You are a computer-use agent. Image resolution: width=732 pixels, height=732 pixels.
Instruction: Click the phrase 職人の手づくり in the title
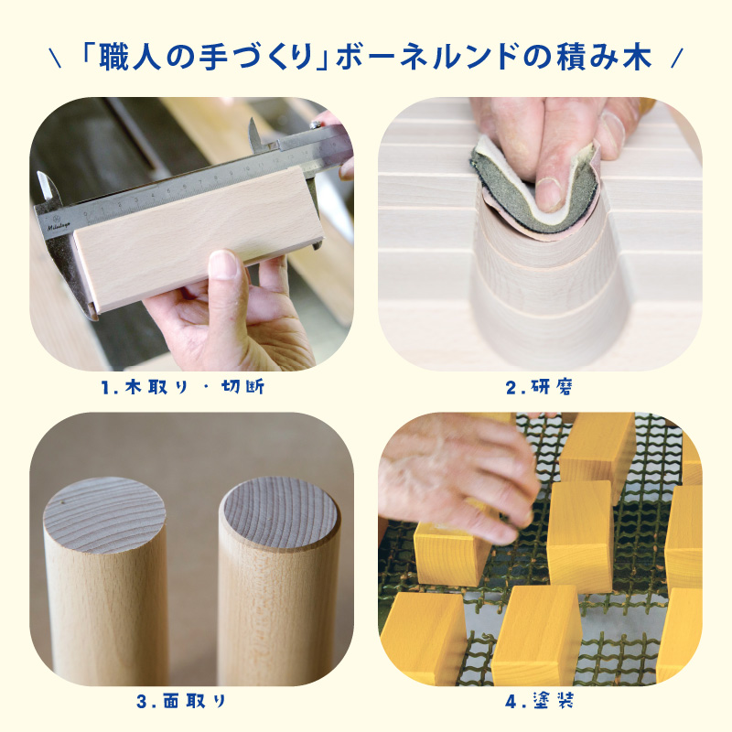[x=207, y=58]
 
